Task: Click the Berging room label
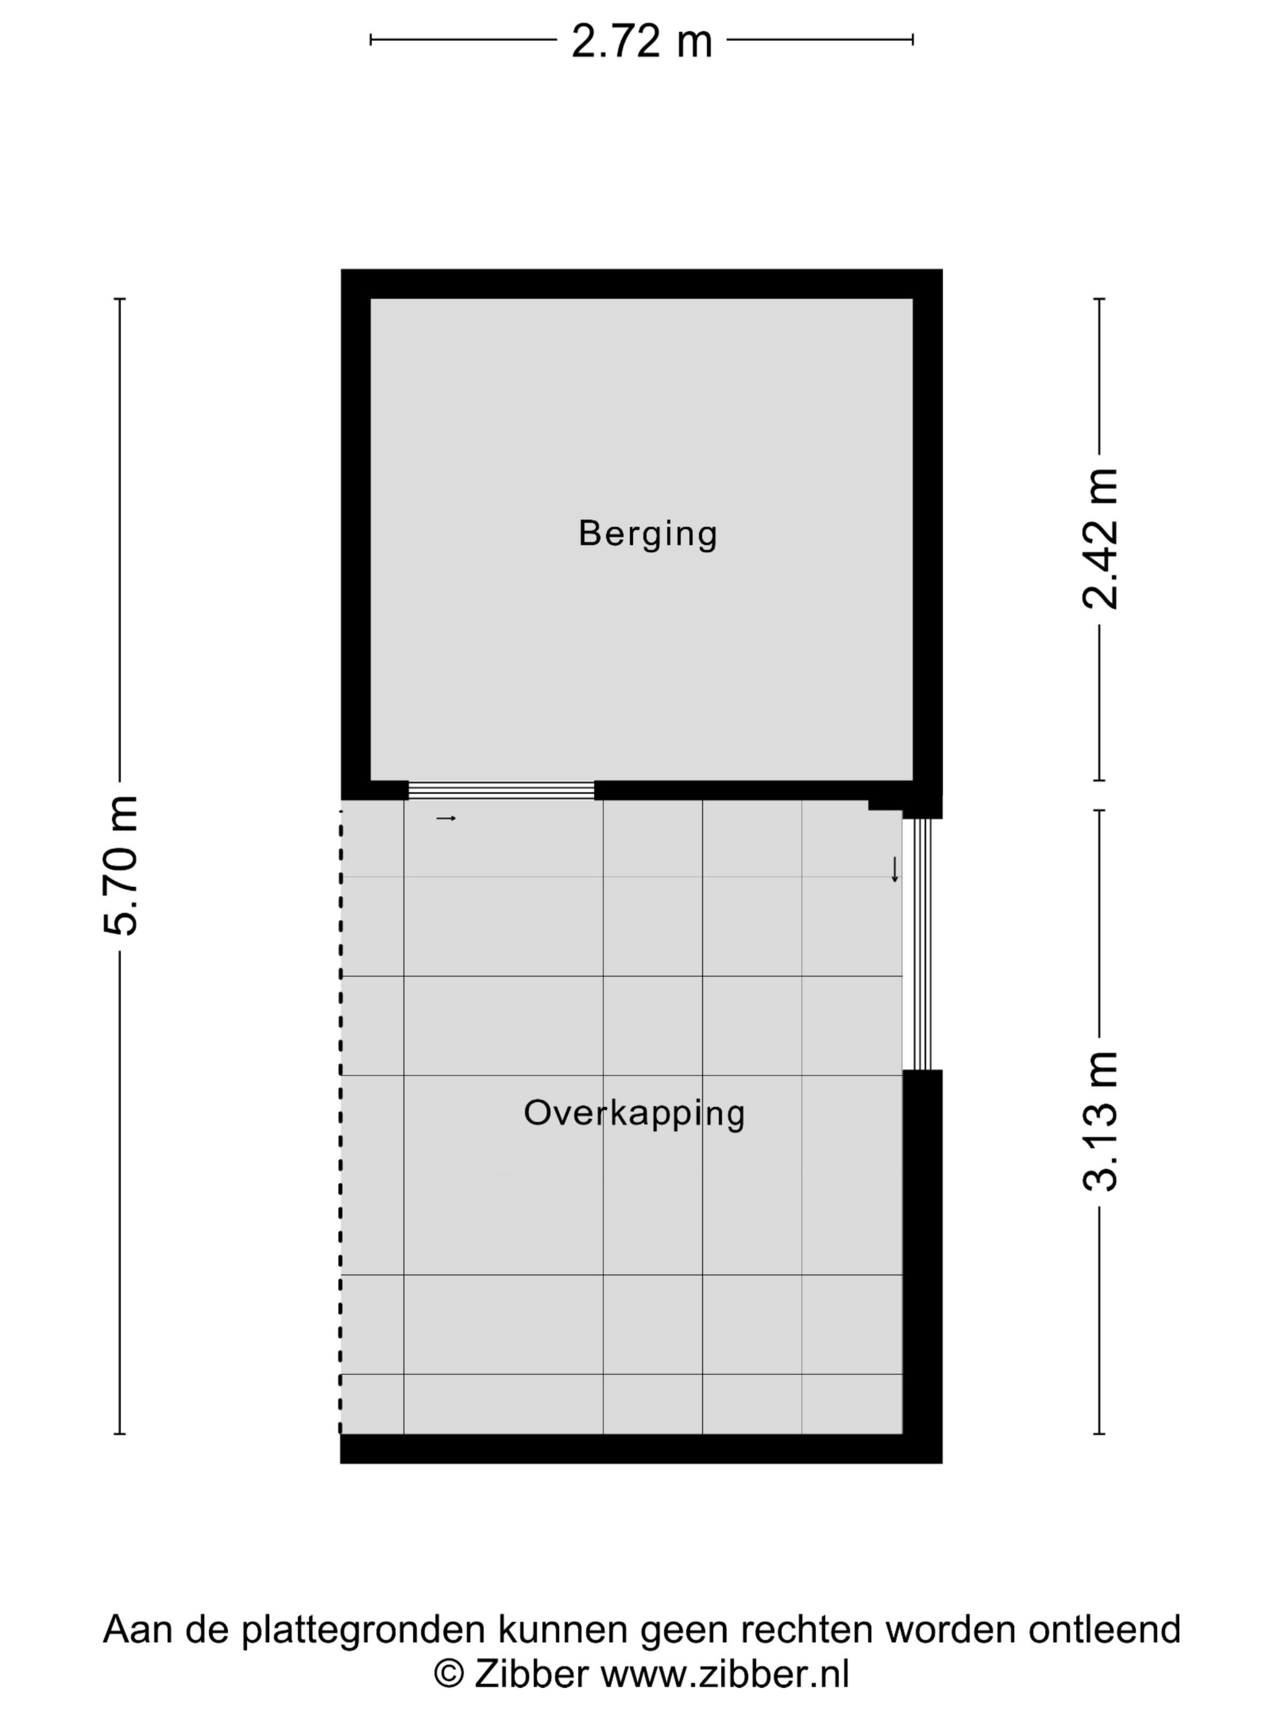point(648,535)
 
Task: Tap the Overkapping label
point(634,1114)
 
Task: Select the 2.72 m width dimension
point(642,41)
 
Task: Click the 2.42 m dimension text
point(1099,539)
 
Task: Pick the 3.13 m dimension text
point(1099,1122)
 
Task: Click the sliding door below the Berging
point(501,790)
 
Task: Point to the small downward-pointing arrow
point(895,870)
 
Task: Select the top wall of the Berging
point(642,284)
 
